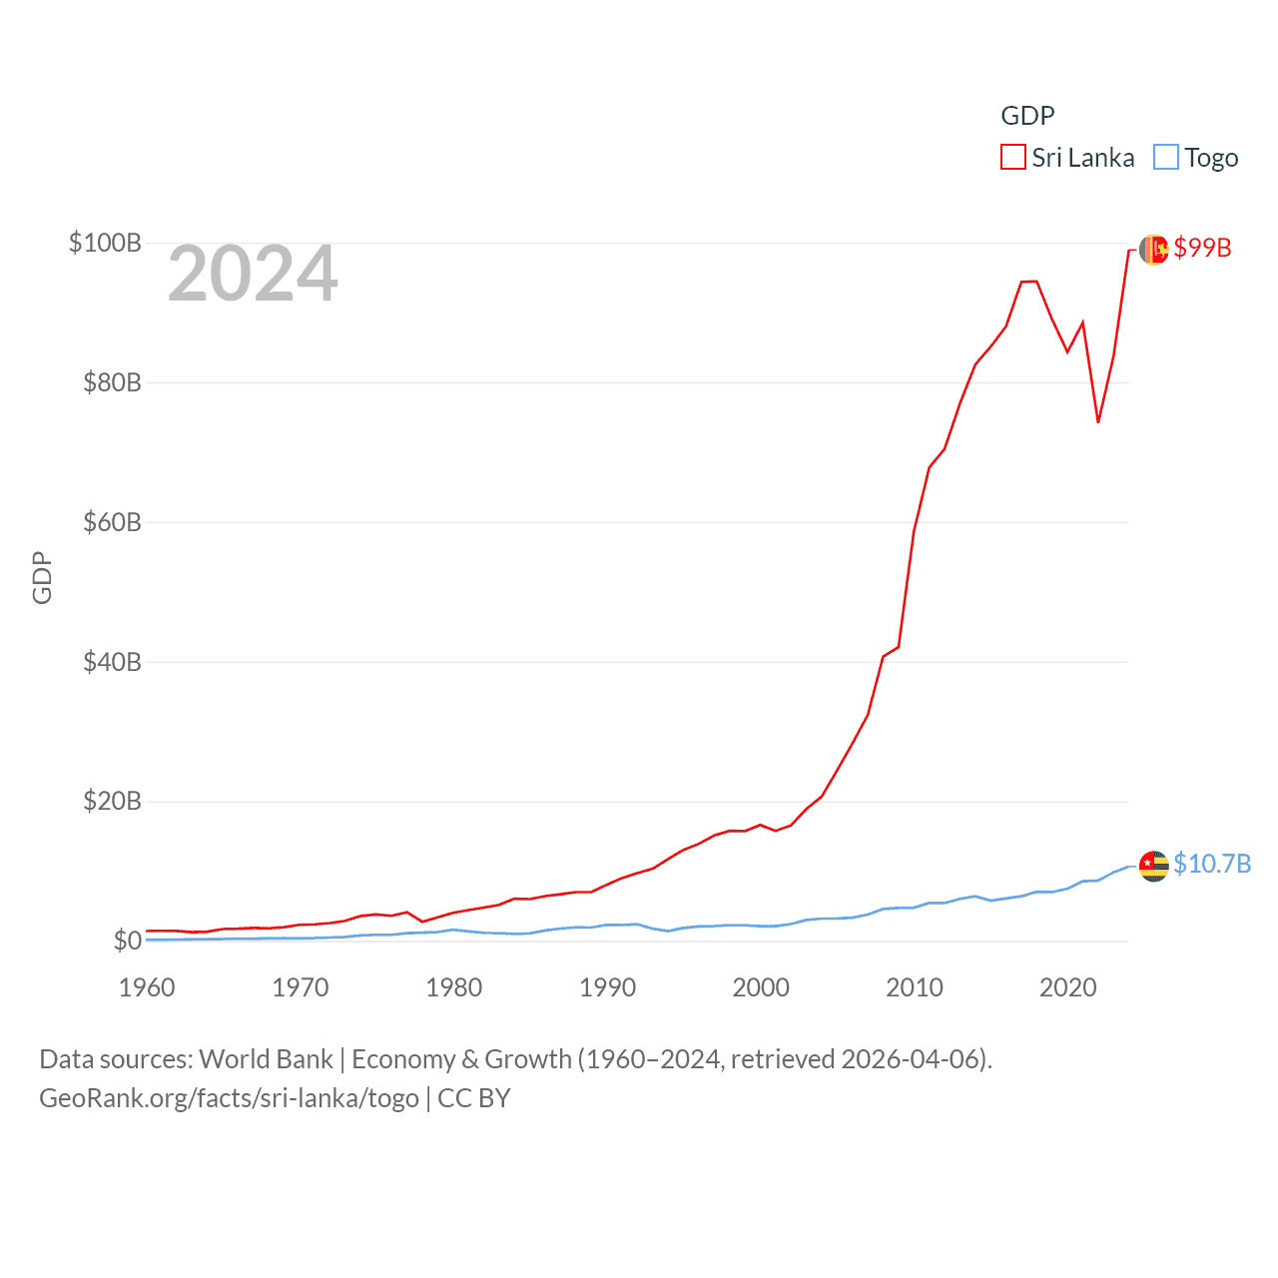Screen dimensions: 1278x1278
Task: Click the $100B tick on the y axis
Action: point(105,243)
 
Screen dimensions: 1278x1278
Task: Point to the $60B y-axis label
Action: point(112,522)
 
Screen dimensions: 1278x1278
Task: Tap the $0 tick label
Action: point(127,941)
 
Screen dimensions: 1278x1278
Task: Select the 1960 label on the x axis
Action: point(147,987)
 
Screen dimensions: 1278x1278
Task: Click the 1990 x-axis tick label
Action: point(607,987)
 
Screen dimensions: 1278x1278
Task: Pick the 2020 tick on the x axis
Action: point(1067,987)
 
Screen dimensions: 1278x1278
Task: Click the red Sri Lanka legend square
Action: point(1013,158)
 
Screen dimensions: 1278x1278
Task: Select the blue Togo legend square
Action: point(1165,158)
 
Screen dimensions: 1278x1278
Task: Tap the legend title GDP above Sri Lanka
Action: point(1027,116)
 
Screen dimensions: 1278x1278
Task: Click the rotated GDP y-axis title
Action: point(42,577)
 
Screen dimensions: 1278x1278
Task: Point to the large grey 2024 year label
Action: point(253,274)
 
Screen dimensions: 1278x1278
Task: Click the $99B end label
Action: point(1202,248)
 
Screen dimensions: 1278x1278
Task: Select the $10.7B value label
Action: point(1212,864)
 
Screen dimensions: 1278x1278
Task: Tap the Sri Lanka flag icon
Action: point(1154,250)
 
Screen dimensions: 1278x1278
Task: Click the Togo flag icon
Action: point(1154,866)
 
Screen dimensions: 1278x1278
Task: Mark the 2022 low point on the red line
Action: point(1098,421)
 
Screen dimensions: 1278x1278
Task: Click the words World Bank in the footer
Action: point(266,1059)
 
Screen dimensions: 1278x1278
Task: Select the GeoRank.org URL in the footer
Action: point(229,1098)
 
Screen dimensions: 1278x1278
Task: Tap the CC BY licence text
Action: point(474,1098)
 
